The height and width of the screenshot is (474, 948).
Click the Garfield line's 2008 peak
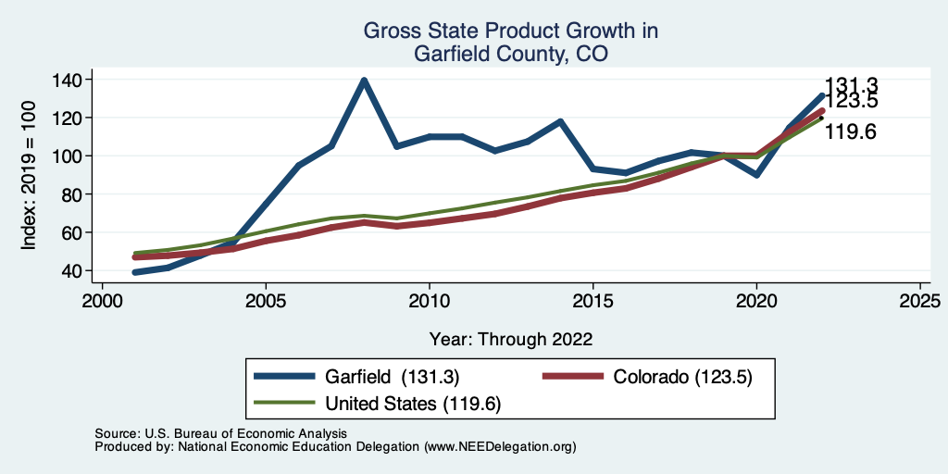point(364,81)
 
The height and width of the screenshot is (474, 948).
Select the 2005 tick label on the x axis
point(266,302)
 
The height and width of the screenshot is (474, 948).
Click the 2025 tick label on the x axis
point(920,302)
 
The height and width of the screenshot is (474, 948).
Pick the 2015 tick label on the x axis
point(592,302)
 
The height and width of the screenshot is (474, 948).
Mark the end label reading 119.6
point(851,132)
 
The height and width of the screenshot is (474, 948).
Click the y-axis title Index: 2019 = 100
point(30,176)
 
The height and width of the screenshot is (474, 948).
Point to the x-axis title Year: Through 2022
point(511,338)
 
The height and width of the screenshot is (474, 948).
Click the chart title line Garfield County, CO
point(511,55)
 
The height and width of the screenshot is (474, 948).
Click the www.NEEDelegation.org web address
point(500,446)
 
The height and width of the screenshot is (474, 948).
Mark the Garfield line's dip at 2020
point(756,174)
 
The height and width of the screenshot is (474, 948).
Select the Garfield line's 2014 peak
point(560,121)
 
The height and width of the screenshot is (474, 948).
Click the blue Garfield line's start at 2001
point(135,272)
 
